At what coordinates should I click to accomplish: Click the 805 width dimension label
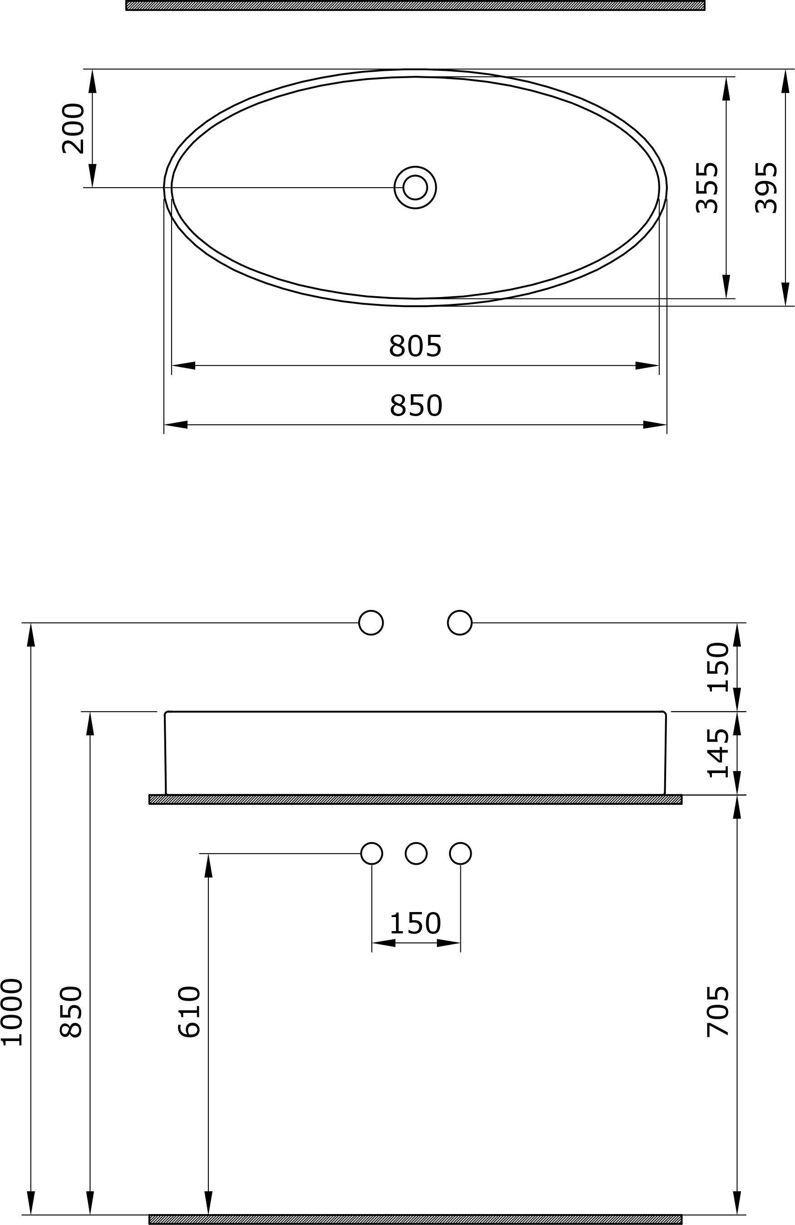coord(415,346)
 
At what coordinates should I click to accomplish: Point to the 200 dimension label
coord(73,129)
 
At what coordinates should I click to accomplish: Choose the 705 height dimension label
coord(718,1012)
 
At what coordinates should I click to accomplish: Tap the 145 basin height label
coord(718,753)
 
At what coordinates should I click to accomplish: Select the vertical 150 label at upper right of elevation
coord(718,667)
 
